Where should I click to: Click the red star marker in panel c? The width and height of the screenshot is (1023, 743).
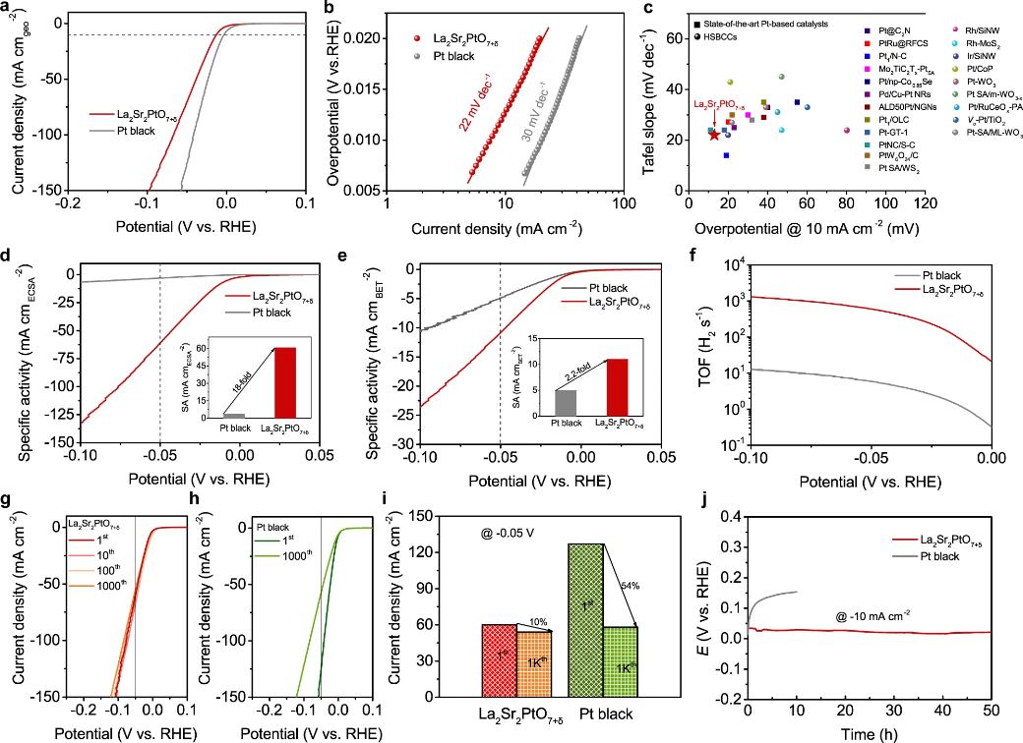[714, 135]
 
